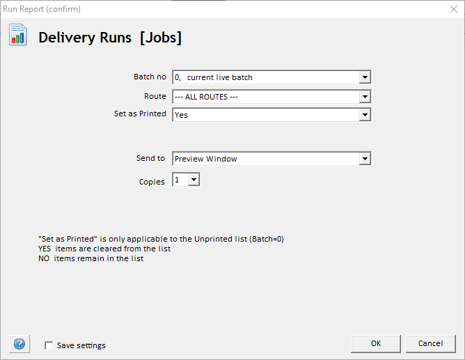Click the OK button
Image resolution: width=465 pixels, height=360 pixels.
(376, 343)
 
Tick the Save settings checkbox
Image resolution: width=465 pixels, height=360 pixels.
(49, 345)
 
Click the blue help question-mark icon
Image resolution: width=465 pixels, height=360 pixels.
(19, 344)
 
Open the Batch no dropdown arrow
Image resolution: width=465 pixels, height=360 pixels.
(365, 77)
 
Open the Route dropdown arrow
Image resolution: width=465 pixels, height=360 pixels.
(365, 97)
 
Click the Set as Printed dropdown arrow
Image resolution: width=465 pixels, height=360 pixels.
(365, 115)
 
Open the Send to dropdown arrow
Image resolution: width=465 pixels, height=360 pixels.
(365, 159)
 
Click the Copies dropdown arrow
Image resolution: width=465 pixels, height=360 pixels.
(194, 180)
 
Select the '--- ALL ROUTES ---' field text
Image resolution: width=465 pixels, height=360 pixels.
(206, 97)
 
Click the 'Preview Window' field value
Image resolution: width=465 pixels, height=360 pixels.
(206, 159)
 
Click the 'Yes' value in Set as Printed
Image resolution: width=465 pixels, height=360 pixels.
(182, 115)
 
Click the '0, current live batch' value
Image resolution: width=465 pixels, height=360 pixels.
(214, 77)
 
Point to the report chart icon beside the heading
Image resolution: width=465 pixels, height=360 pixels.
(18, 36)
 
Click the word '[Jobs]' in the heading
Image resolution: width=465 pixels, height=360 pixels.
(161, 38)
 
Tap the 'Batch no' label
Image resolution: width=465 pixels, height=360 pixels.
(150, 77)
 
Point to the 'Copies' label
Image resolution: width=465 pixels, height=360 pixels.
(152, 182)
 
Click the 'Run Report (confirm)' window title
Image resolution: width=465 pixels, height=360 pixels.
(42, 9)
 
